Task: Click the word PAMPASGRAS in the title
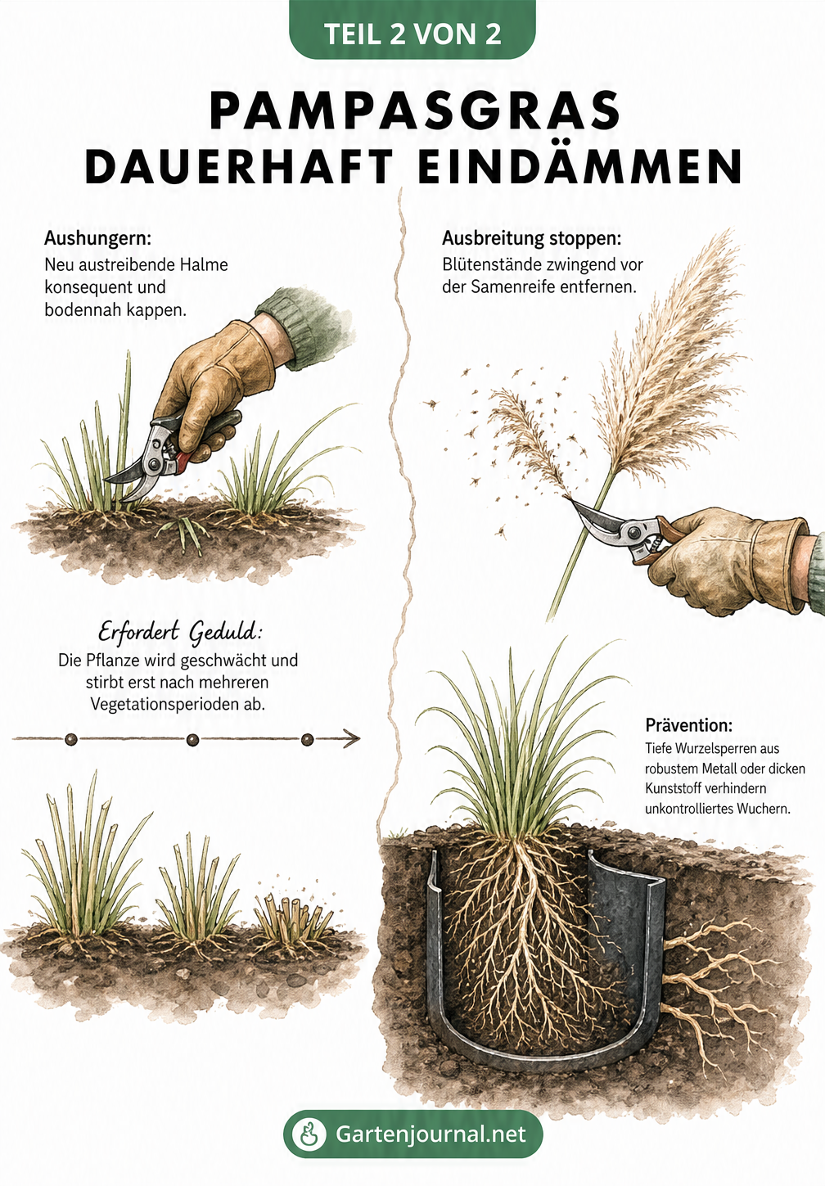pyautogui.click(x=415, y=111)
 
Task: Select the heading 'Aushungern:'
pyautogui.click(x=97, y=238)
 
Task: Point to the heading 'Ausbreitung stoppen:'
pyautogui.click(x=532, y=239)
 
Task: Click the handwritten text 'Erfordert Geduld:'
pyautogui.click(x=180, y=634)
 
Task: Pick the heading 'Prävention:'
pyautogui.click(x=689, y=724)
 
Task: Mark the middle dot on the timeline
pyautogui.click(x=192, y=739)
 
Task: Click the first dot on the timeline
pyautogui.click(x=71, y=739)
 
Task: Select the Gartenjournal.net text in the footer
pyautogui.click(x=431, y=1134)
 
